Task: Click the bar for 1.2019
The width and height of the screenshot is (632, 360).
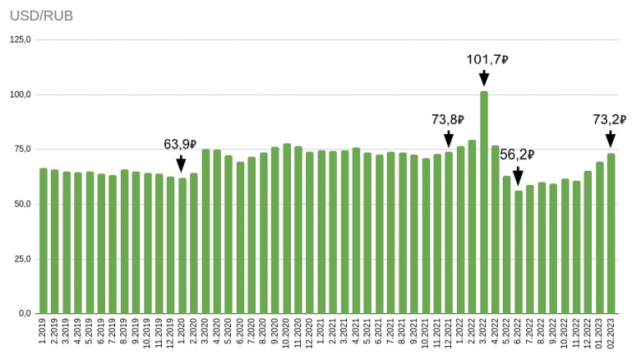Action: tap(43, 241)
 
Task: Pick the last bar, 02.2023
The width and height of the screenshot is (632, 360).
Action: tap(611, 233)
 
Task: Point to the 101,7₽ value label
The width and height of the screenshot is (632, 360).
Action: tap(487, 60)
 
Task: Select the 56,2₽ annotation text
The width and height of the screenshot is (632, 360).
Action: tap(517, 154)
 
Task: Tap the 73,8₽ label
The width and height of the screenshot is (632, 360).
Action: tap(448, 120)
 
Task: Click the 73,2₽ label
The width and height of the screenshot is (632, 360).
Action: tap(609, 120)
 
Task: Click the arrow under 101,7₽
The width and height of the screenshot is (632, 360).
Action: tap(484, 78)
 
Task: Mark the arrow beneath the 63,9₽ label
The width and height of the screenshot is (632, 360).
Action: tap(182, 164)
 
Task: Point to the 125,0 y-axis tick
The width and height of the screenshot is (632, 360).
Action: tap(20, 40)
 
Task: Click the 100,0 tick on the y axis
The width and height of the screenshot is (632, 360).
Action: tap(20, 95)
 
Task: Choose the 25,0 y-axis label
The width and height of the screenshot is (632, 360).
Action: tap(22, 259)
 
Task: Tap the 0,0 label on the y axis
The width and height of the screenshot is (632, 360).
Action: tap(24, 314)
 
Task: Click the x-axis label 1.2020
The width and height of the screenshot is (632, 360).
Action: tap(182, 333)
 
